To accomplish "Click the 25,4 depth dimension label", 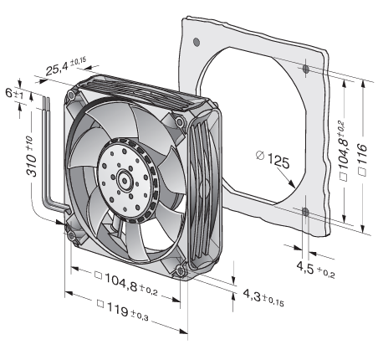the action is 66,66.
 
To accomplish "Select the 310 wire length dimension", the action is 32,157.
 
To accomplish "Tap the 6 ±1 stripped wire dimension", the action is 14,93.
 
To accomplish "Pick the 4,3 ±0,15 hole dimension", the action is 263,298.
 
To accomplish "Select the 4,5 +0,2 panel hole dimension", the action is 315,270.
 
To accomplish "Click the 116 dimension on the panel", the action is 362,159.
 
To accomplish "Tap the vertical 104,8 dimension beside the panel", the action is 344,151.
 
